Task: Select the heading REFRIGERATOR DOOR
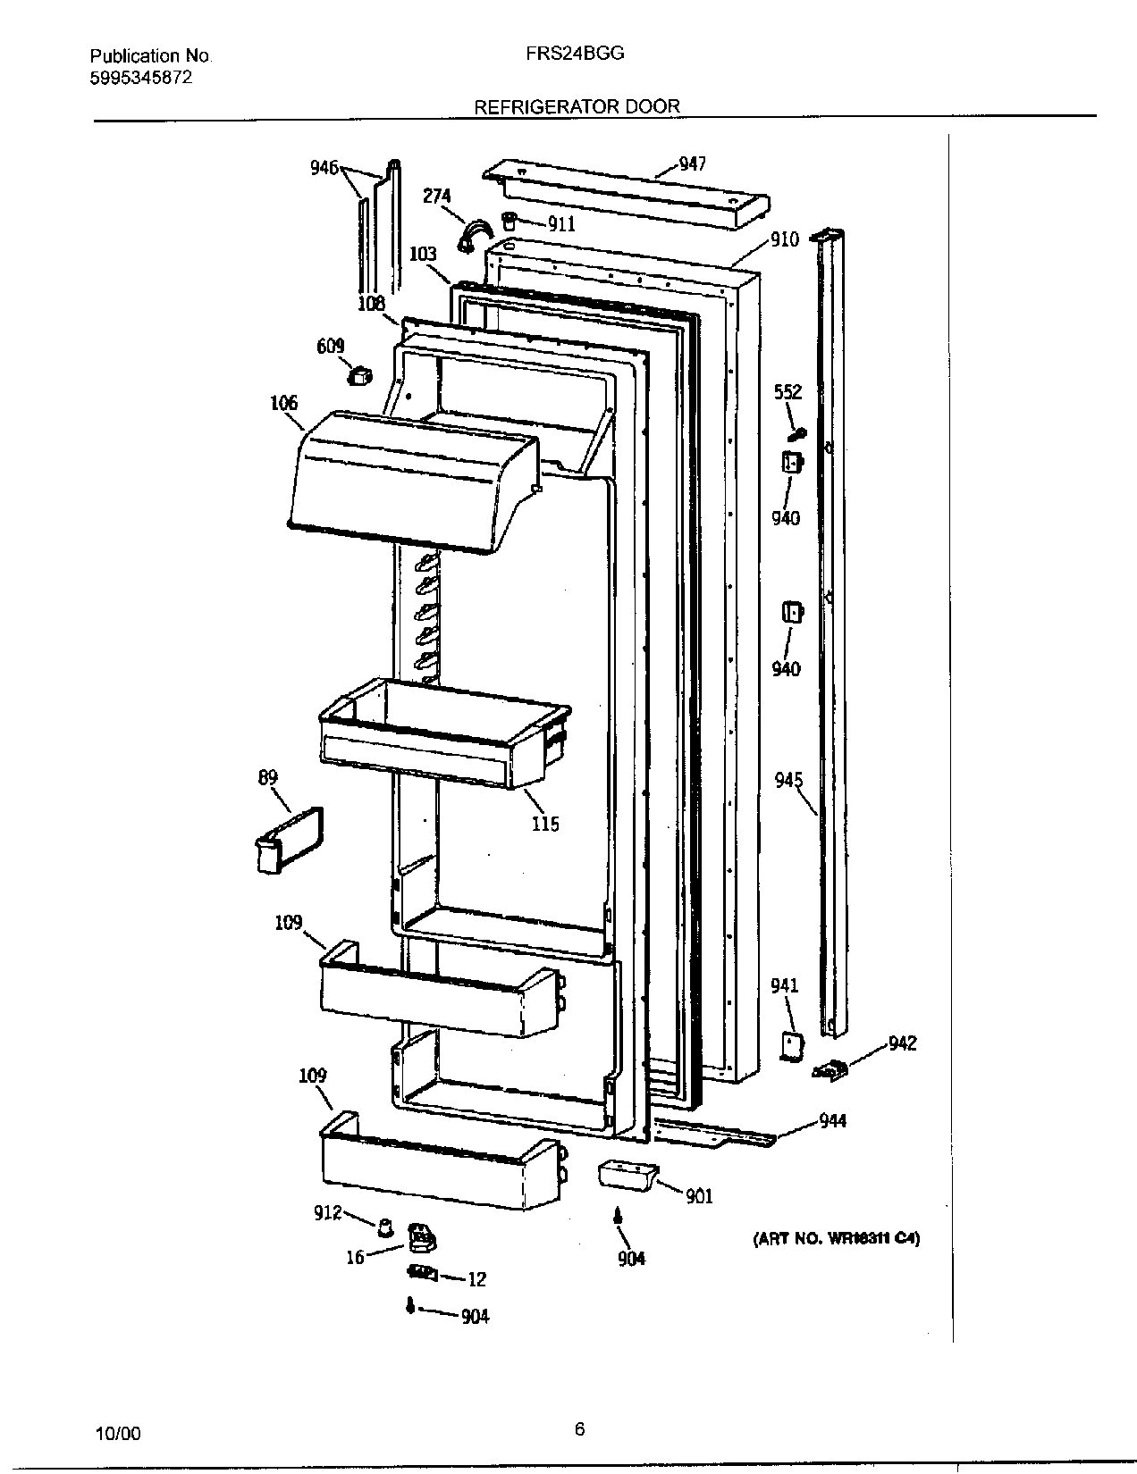pos(577,105)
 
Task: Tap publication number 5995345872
pos(140,77)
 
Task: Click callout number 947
pos(693,163)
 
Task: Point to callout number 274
pos(437,197)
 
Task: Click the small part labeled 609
pos(359,376)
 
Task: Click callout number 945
pos(788,781)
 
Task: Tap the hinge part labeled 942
pos(830,1069)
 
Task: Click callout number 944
pos(832,1120)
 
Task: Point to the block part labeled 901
pos(626,1175)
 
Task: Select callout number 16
pos(355,1257)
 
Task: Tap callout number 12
pos(476,1279)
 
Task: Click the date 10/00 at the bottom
pos(118,1434)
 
